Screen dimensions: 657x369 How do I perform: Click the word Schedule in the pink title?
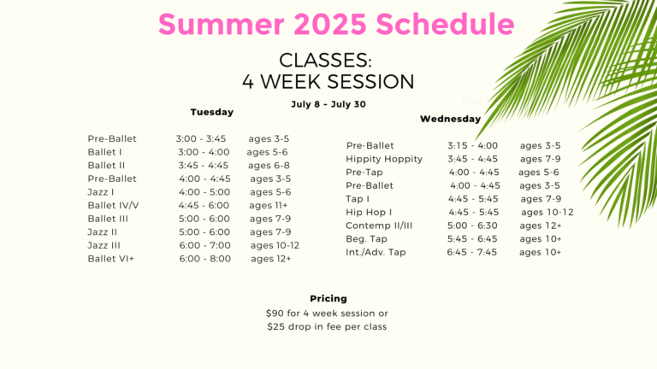(x=445, y=24)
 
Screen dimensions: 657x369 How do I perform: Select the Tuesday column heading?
(x=212, y=112)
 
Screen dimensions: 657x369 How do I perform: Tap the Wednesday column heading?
(x=451, y=119)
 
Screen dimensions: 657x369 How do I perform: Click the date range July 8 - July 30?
(x=328, y=104)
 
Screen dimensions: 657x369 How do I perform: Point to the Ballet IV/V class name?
(x=113, y=205)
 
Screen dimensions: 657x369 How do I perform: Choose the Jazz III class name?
(x=104, y=245)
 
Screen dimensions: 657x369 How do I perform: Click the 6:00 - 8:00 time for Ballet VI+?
(x=205, y=259)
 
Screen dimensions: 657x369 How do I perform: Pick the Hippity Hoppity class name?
(x=384, y=159)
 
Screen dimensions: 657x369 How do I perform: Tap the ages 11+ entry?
(x=269, y=205)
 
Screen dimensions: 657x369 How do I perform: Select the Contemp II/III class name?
(x=379, y=225)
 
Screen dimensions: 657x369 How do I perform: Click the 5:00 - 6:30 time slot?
(x=472, y=225)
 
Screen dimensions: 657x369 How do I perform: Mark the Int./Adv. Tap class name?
(x=376, y=252)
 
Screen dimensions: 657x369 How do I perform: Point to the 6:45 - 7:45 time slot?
(x=472, y=252)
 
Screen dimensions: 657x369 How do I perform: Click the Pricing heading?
(x=328, y=298)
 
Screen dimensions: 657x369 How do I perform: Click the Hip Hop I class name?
(x=369, y=212)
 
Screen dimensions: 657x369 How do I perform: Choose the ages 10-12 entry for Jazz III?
(x=275, y=246)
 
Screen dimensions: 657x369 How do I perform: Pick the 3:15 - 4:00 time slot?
(x=472, y=145)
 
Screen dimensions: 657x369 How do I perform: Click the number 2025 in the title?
(x=330, y=24)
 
